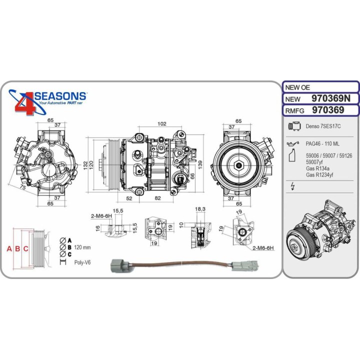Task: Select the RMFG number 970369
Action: pyautogui.click(x=327, y=110)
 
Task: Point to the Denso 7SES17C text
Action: pyautogui.click(x=322, y=127)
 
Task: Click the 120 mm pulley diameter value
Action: pyautogui.click(x=82, y=247)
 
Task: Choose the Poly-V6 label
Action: pyautogui.click(x=82, y=262)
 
